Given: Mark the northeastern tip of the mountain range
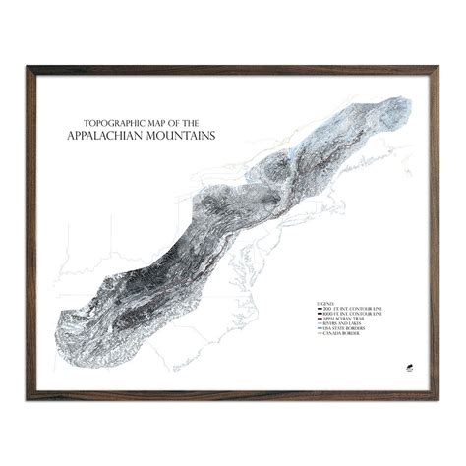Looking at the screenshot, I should tap(406, 100).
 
